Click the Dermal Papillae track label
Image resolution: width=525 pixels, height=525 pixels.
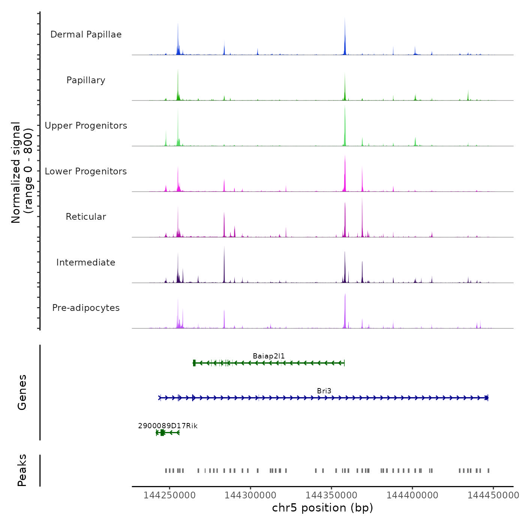pos(86,34)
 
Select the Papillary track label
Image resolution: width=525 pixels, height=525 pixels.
pos(86,80)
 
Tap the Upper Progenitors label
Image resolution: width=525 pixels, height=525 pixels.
pos(86,126)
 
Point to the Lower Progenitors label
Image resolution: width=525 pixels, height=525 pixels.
pos(86,171)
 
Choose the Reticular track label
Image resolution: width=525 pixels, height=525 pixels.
pos(86,217)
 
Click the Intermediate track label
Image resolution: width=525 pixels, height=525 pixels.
pos(86,262)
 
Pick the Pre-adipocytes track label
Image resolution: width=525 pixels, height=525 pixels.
pos(86,308)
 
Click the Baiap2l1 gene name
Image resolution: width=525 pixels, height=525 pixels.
pos(269,356)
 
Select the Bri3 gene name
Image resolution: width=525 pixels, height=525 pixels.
pos(324,391)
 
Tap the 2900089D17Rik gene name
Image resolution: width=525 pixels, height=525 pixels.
pos(168,426)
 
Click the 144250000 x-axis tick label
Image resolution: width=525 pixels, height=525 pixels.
pos(169,495)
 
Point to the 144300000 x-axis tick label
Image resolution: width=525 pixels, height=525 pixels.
pos(250,495)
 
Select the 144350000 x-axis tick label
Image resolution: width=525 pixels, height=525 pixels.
pos(331,495)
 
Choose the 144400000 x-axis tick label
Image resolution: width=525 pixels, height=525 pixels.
pos(412,495)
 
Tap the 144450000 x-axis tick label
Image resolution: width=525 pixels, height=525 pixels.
pos(493,495)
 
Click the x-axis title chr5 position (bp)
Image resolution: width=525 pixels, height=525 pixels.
pos(322,508)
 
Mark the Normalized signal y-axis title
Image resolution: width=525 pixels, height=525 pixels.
pos(22,172)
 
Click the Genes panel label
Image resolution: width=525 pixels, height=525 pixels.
pos(22,392)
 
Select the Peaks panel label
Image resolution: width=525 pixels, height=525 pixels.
pos(22,470)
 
